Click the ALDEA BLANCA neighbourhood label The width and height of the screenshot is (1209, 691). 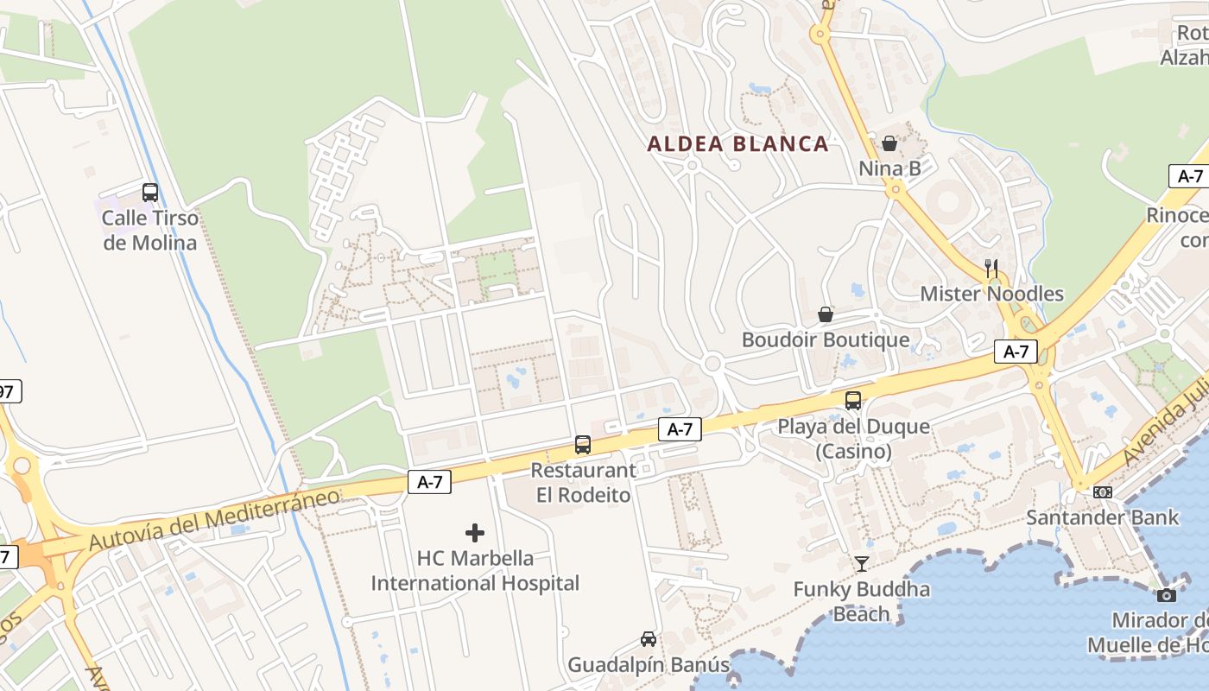click(x=738, y=143)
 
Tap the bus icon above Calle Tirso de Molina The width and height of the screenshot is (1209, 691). click(x=150, y=193)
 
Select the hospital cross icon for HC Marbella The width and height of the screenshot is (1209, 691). click(x=475, y=533)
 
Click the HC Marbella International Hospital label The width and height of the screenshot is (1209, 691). click(x=475, y=571)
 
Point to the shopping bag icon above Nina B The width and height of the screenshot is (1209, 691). click(x=889, y=143)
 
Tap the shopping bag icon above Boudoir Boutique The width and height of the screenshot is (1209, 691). click(x=826, y=314)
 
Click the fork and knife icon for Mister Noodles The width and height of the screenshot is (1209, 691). click(x=991, y=269)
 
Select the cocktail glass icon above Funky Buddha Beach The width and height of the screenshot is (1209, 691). click(x=862, y=565)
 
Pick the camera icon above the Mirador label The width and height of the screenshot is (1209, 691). click(x=1166, y=595)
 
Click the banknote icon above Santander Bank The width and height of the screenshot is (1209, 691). click(x=1103, y=492)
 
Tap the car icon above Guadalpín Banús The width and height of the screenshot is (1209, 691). click(x=649, y=639)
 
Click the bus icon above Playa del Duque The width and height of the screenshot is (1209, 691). click(x=853, y=401)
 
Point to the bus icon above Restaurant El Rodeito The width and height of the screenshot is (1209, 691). click(x=583, y=445)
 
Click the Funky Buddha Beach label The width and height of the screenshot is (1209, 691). click(x=862, y=602)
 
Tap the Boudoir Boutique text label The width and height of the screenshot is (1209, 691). click(x=826, y=340)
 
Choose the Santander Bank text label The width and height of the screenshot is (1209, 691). click(x=1103, y=518)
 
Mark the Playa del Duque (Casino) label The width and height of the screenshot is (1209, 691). click(x=853, y=439)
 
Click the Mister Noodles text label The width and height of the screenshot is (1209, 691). click(x=991, y=295)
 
